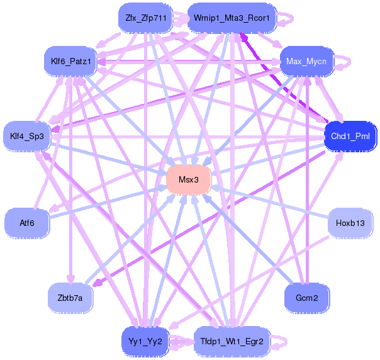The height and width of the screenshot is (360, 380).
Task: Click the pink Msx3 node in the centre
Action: click(189, 179)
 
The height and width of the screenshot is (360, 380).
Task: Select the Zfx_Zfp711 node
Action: click(145, 18)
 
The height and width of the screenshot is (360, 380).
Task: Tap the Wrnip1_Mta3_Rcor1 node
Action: click(232, 18)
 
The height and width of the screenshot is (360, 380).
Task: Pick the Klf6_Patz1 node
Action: click(70, 61)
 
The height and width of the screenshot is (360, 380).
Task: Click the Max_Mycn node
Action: click(307, 61)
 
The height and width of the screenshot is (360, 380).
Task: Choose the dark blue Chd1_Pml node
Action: click(350, 136)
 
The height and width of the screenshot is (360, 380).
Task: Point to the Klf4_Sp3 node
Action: click(26, 136)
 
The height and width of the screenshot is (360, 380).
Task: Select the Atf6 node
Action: click(26, 223)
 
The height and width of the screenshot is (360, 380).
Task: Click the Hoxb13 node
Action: click(350, 223)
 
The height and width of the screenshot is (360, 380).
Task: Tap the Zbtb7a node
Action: click(70, 298)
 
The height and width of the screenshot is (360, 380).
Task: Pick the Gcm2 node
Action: click(307, 298)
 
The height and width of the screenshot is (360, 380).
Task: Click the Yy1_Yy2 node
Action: click(145, 342)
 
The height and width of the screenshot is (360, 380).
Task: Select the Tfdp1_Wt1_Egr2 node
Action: click(232, 342)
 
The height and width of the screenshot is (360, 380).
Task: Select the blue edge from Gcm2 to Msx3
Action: click(248, 239)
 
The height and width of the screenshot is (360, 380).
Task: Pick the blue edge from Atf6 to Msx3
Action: click(108, 201)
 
